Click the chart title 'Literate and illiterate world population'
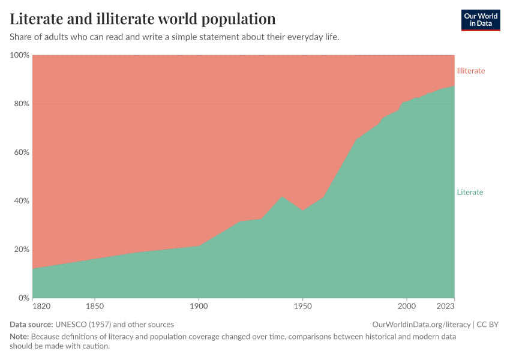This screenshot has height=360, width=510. (143, 19)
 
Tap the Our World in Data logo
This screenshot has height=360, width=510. (480, 20)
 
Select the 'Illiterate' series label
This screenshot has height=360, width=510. (470, 71)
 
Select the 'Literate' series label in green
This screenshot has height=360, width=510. (470, 193)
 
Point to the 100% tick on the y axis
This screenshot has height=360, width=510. (19, 55)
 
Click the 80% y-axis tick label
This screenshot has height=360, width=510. (21, 104)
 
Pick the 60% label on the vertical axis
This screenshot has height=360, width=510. (21, 152)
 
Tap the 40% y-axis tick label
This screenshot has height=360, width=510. (21, 201)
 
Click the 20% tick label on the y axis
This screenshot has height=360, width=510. (21, 250)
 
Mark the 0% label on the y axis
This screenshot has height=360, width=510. (23, 298)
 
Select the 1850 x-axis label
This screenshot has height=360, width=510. (95, 307)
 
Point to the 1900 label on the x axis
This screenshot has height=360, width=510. (199, 307)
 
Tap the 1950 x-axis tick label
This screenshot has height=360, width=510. (302, 307)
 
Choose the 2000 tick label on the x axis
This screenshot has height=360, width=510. (407, 307)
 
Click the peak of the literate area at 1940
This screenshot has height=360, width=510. (282, 196)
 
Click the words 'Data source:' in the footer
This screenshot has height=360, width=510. (31, 325)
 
